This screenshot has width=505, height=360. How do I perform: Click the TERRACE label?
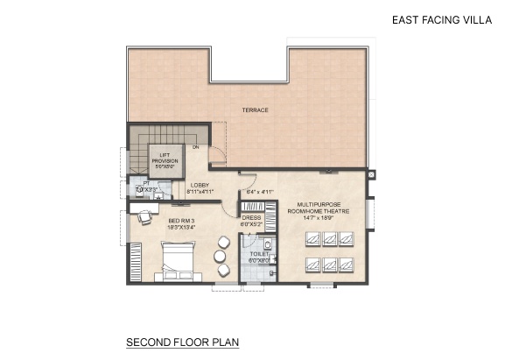click(x=256, y=110)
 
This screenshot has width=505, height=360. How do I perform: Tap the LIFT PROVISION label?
click(x=165, y=158)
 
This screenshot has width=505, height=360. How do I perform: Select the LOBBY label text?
click(x=200, y=185)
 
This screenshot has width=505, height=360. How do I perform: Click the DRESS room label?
click(x=252, y=217)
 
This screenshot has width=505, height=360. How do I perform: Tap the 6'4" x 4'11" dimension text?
click(x=261, y=191)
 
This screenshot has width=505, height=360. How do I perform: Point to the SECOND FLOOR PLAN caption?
click(x=183, y=341)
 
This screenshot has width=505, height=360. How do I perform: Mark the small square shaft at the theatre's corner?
click(x=371, y=175)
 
